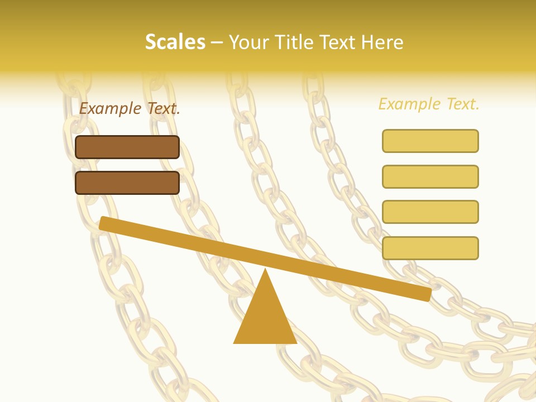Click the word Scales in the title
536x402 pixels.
coord(175,42)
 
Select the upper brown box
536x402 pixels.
coord(127,147)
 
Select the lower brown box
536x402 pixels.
coord(127,183)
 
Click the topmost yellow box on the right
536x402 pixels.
coord(430,141)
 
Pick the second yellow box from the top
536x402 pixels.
coord(430,176)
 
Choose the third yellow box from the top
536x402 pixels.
coord(430,212)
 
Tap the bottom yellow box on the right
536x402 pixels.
coord(430,248)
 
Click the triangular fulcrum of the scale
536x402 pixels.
coord(265,318)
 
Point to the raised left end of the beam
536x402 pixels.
coord(104,223)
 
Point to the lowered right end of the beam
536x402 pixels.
coord(426,294)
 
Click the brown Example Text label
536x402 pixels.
coord(130,108)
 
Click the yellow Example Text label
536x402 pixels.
coord(429,104)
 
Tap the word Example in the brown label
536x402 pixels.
coord(110,108)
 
